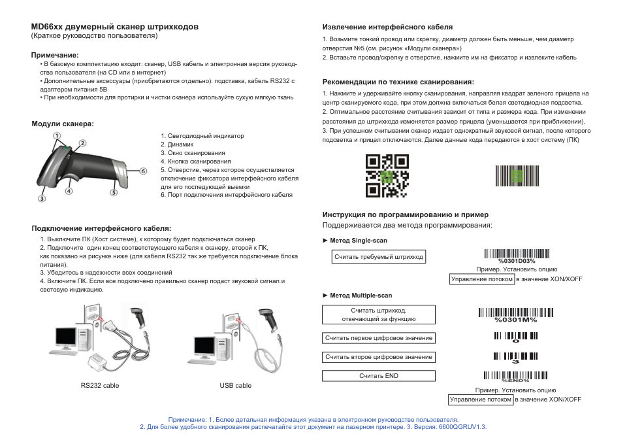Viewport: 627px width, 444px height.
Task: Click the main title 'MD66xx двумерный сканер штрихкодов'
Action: [115, 27]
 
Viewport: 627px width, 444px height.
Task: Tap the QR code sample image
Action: [387, 176]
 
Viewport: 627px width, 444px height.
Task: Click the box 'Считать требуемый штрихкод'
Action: [379, 257]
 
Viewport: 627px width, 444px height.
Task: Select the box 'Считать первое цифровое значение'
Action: [379, 338]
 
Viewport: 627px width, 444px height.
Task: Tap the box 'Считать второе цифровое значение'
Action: [379, 357]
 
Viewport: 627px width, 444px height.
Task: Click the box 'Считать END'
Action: [379, 376]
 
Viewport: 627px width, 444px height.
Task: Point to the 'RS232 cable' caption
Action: [100, 386]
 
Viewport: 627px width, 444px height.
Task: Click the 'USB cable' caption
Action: [235, 386]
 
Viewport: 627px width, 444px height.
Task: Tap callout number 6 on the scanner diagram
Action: [142, 171]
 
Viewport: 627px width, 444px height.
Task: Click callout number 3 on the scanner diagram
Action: [40, 198]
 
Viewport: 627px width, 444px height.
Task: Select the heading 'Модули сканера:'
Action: [63, 124]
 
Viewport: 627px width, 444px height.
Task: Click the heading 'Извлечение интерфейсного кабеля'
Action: [387, 27]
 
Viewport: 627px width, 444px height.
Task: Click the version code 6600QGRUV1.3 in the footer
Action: [462, 427]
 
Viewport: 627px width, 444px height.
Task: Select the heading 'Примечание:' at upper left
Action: [55, 56]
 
